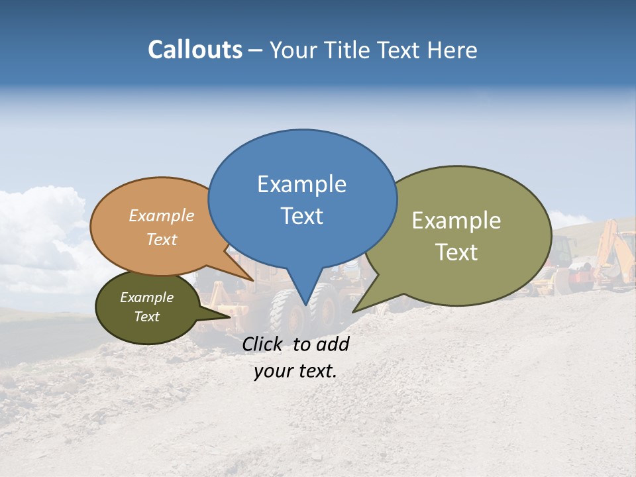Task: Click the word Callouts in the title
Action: (195, 50)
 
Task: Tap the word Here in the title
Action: (452, 50)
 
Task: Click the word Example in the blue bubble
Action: (301, 184)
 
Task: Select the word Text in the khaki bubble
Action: (456, 252)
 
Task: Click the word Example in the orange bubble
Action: (162, 215)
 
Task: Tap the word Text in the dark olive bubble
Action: (147, 317)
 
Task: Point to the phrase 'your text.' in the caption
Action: (295, 371)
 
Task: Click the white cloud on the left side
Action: (40, 225)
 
